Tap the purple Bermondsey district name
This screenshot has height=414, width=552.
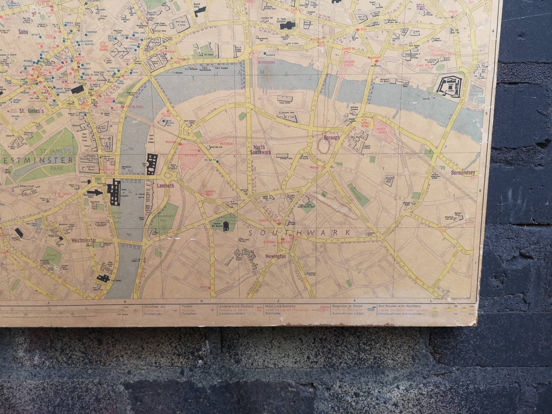point(463,173)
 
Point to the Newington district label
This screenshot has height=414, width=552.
point(275,256)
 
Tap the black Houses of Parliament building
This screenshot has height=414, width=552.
point(114,191)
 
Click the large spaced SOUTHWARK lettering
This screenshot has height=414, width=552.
point(299,233)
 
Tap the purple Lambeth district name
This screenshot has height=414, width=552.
point(166,186)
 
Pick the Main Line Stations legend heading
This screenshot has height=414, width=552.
point(280,306)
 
